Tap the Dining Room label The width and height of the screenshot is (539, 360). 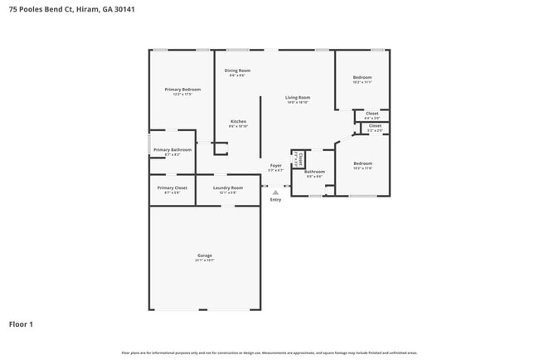(238, 71)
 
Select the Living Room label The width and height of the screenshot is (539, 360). (298, 97)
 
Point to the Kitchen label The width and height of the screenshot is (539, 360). (238, 121)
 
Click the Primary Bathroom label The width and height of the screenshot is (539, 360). (172, 149)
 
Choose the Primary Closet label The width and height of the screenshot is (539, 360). (172, 188)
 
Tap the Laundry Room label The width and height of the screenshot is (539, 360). (227, 188)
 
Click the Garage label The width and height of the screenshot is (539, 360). (204, 255)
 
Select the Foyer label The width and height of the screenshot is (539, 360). (276, 165)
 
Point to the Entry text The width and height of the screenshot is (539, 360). (275, 199)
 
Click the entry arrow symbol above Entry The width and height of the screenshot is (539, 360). (275, 192)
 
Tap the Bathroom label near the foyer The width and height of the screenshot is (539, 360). (314, 172)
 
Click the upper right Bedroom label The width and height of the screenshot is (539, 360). (362, 77)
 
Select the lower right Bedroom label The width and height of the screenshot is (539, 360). (362, 163)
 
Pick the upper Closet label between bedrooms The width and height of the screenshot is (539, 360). (372, 114)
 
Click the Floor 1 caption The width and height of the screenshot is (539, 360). (21, 324)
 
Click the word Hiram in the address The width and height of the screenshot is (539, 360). (87, 9)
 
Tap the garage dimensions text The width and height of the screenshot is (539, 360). (204, 260)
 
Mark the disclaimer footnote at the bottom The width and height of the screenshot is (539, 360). (269, 353)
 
